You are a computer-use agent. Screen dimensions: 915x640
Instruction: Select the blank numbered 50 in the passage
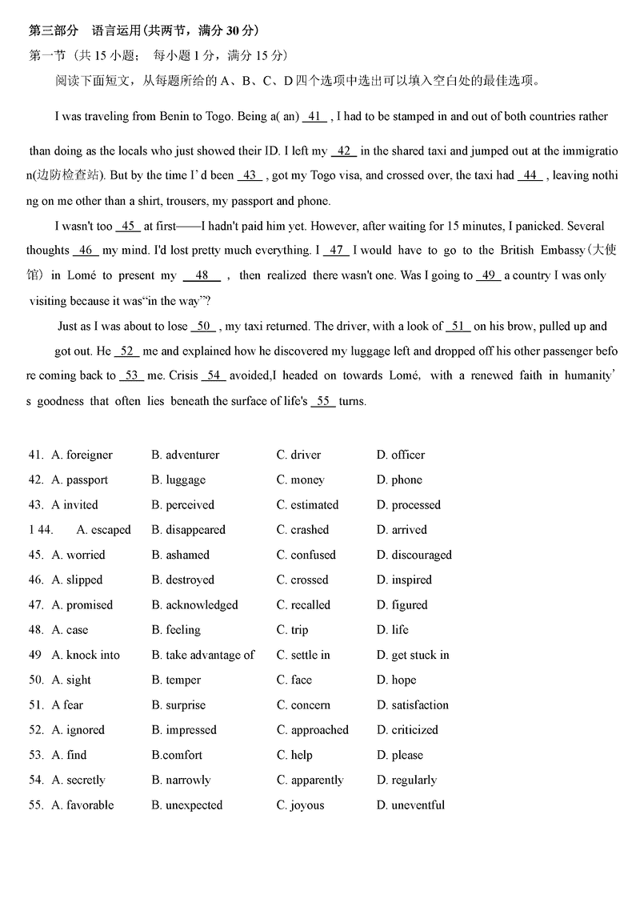click(x=205, y=327)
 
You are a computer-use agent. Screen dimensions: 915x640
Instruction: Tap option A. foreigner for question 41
click(x=82, y=455)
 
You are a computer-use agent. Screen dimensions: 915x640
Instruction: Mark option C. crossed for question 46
click(x=302, y=580)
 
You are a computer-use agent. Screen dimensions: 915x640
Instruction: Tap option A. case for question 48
click(x=70, y=629)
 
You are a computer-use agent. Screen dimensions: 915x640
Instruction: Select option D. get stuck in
click(x=413, y=655)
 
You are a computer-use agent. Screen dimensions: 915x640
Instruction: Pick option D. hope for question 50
click(x=396, y=680)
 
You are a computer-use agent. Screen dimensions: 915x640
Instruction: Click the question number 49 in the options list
click(x=34, y=655)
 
